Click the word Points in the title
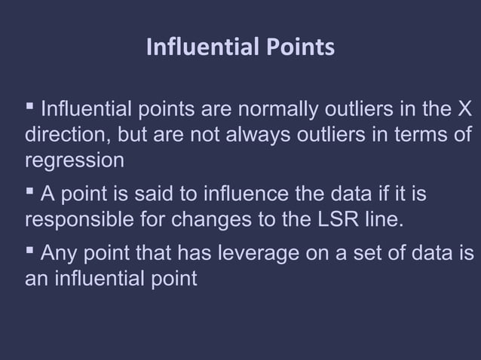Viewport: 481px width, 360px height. (x=298, y=48)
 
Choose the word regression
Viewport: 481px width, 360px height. (x=74, y=161)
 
